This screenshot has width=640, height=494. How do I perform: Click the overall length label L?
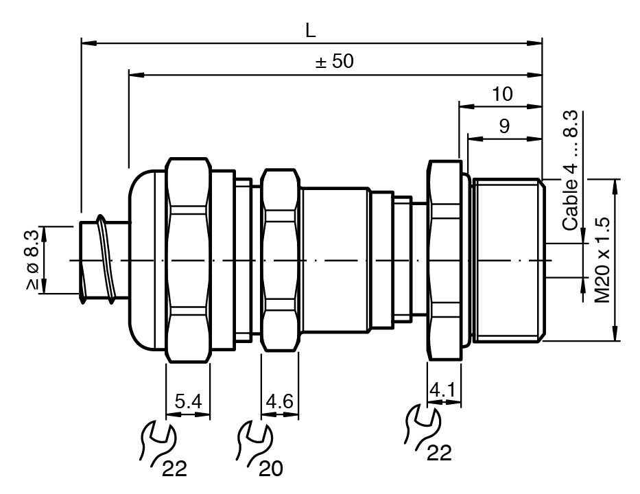[x=311, y=30]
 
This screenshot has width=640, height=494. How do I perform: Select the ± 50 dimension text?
[x=334, y=61]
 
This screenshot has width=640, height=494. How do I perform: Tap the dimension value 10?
[x=502, y=94]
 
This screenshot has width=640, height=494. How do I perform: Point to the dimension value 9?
[x=504, y=126]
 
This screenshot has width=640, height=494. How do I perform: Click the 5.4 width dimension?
[x=188, y=402]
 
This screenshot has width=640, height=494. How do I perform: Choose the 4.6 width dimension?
[x=280, y=402]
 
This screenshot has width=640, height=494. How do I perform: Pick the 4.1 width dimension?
[x=443, y=390]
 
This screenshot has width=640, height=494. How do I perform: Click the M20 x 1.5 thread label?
[x=602, y=259]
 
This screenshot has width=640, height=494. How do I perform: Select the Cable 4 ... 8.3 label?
[x=570, y=170]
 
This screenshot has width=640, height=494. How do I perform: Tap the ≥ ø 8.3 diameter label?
[x=32, y=259]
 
